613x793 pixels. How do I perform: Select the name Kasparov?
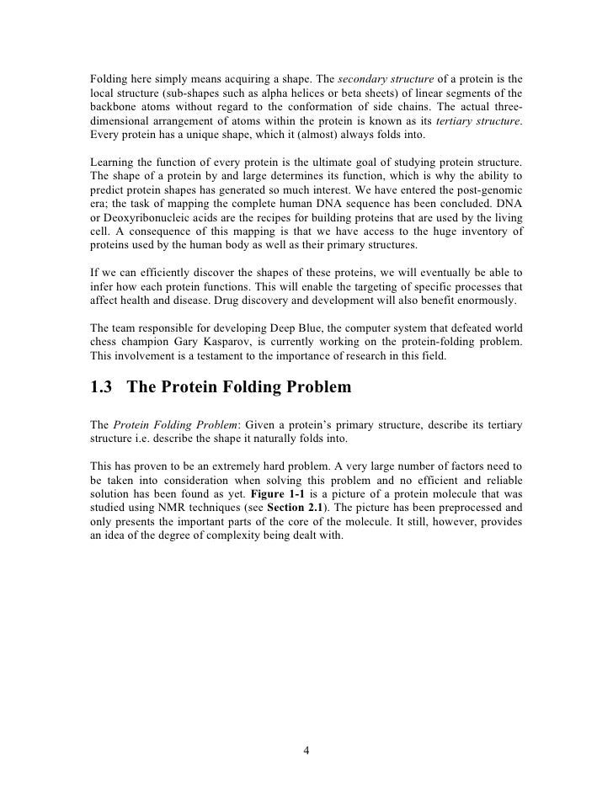[221, 343]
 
